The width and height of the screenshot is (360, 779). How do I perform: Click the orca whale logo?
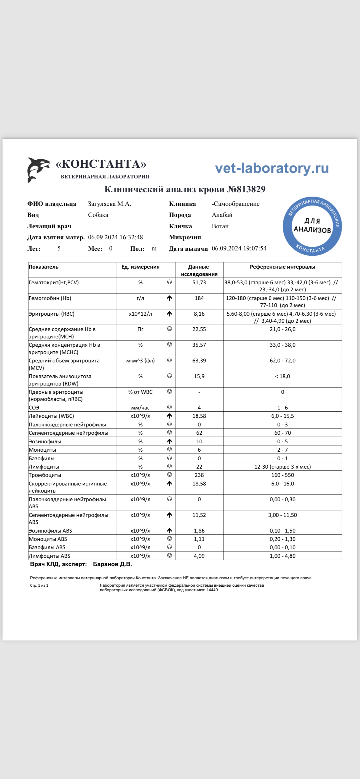(38, 170)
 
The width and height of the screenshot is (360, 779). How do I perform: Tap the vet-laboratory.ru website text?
(272, 168)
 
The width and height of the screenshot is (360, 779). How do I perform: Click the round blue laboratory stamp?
(312, 226)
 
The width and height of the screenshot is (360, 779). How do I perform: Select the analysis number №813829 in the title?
(246, 189)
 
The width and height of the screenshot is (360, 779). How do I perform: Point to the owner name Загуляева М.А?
(109, 204)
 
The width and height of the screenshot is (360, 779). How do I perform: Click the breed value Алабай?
(222, 215)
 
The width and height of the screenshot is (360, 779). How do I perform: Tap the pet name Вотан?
(220, 226)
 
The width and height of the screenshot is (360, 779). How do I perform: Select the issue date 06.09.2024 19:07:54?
(239, 248)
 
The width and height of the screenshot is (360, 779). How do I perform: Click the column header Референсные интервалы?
(282, 267)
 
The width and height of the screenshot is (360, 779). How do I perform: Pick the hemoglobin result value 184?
(199, 298)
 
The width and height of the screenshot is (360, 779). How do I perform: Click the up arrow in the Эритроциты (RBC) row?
(169, 314)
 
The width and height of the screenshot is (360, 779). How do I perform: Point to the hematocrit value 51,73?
(199, 282)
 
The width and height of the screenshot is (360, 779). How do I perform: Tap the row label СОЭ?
(34, 408)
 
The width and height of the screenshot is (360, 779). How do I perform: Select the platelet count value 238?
(199, 475)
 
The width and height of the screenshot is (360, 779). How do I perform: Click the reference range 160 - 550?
(282, 475)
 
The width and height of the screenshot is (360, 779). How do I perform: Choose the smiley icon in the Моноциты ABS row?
(169, 539)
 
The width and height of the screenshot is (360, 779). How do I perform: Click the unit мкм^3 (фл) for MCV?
(140, 361)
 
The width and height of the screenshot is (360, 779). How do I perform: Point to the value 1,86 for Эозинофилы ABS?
(199, 531)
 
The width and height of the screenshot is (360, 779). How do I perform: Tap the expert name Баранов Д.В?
(112, 564)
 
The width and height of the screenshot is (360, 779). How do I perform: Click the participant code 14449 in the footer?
(212, 590)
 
